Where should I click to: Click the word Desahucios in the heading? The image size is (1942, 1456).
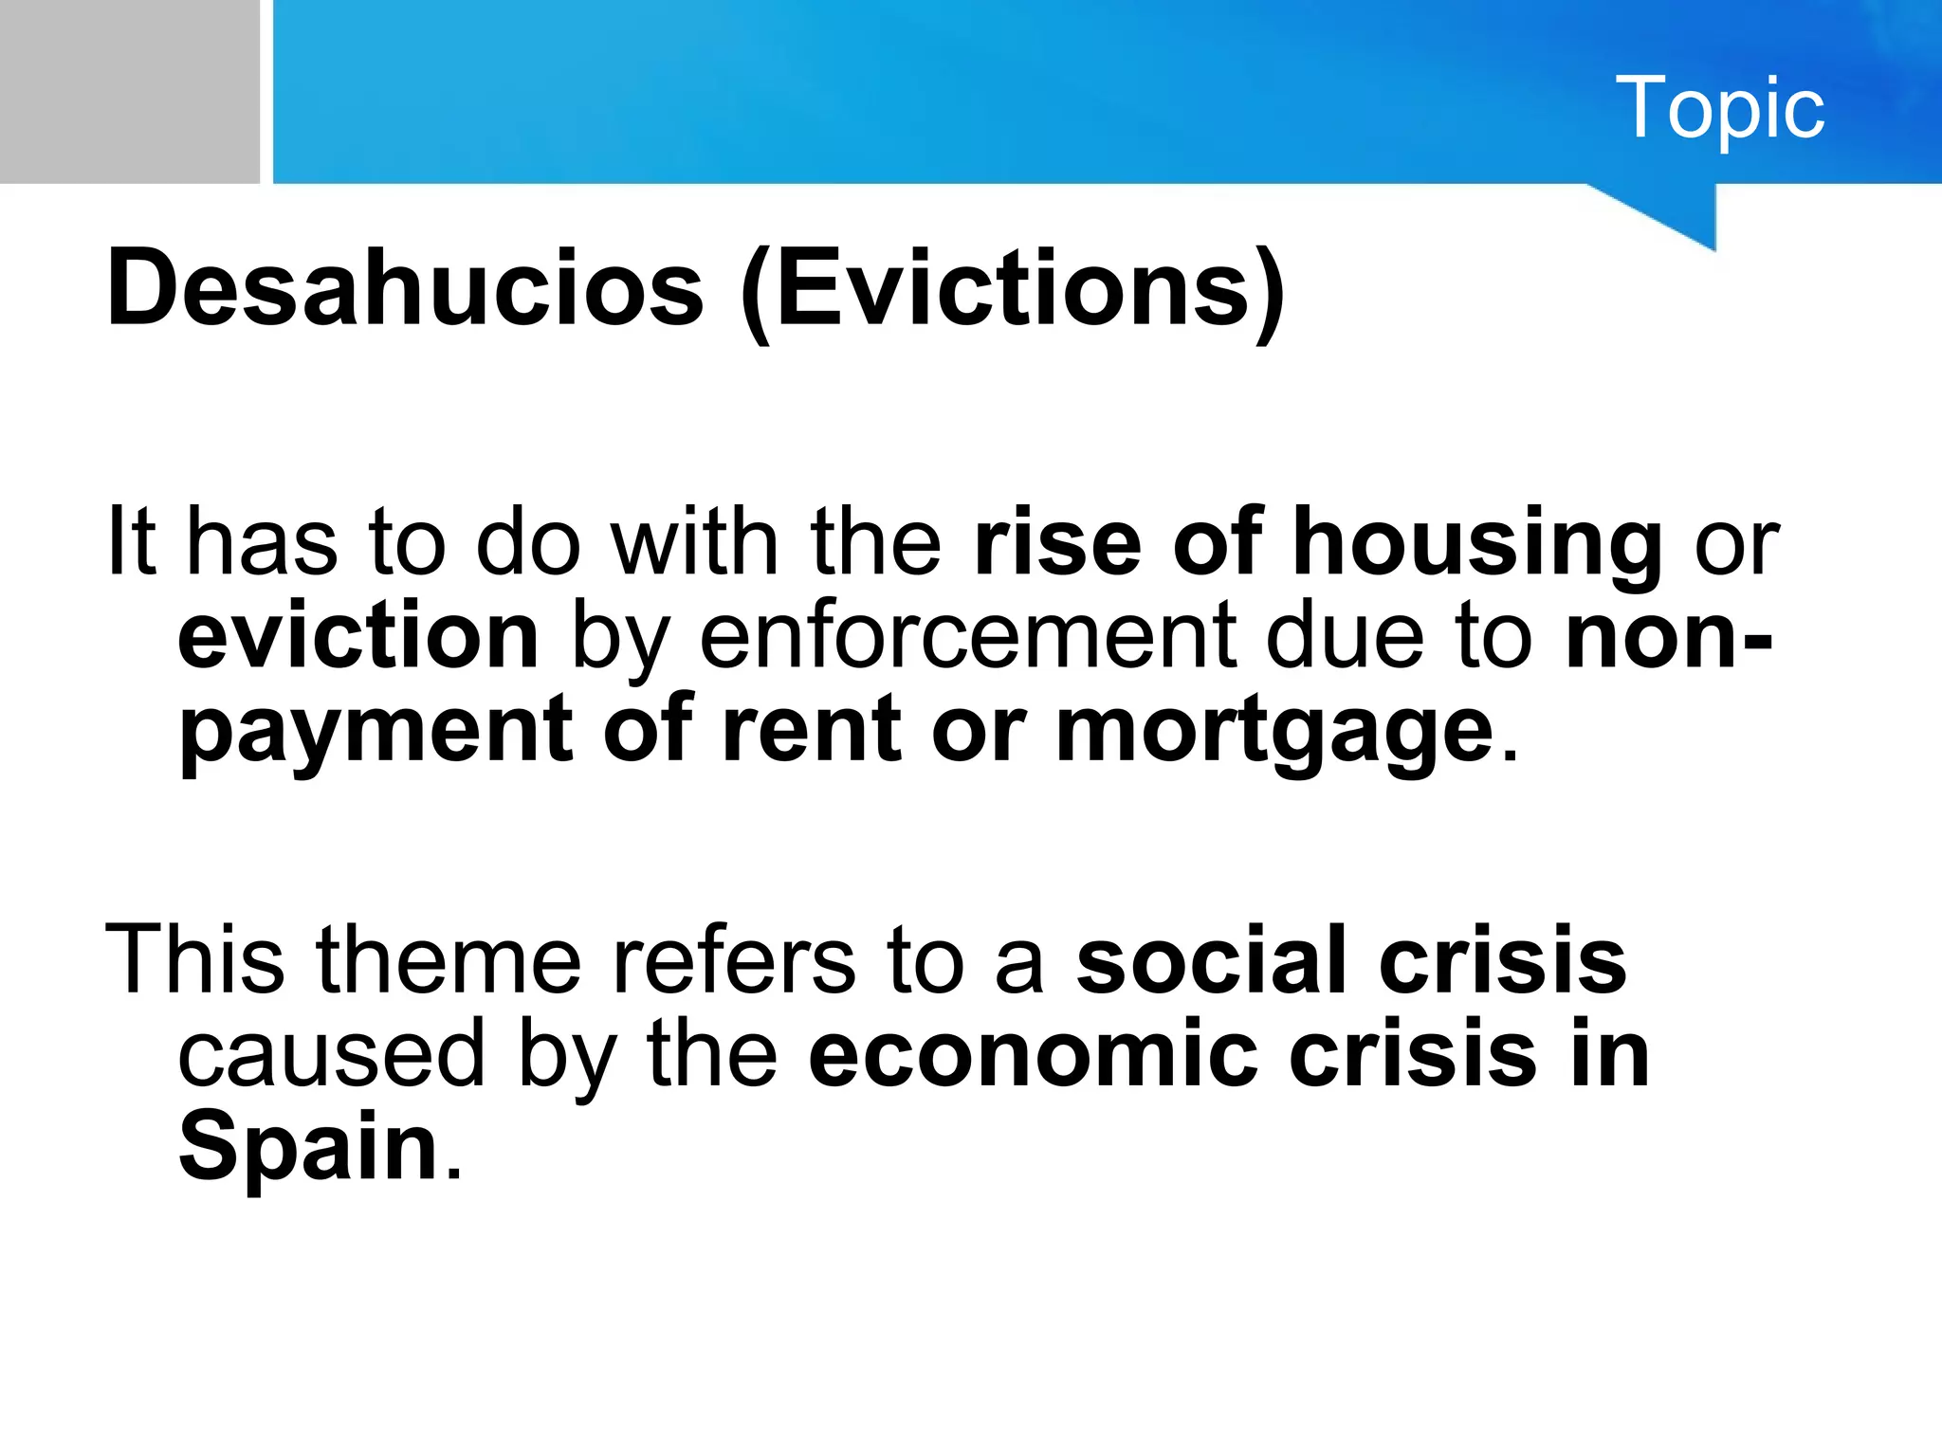coord(406,287)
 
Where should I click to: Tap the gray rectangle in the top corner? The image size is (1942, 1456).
coord(129,91)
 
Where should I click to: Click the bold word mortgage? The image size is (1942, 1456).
coord(1275,731)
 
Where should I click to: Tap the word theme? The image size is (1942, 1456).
coord(449,960)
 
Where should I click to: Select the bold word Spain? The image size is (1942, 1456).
coord(308,1148)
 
